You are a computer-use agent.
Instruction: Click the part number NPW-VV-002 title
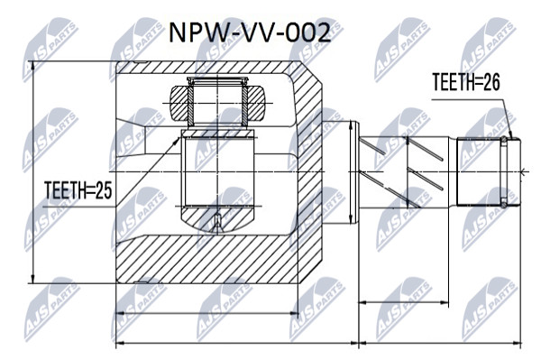tap(250, 32)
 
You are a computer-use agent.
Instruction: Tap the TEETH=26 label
tap(466, 82)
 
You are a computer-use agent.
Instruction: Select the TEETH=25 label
tap(78, 190)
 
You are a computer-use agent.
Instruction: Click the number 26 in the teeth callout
tap(491, 82)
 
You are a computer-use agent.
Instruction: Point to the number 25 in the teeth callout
tap(104, 190)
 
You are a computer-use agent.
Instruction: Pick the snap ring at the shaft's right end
tap(504, 171)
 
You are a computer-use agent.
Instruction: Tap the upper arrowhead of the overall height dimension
tap(33, 66)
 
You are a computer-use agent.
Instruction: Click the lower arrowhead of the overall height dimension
tap(33, 278)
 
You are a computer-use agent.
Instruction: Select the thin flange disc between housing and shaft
tap(354, 172)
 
